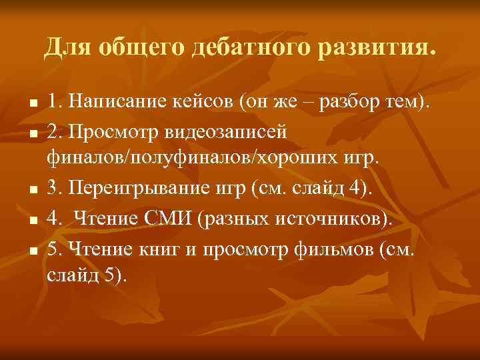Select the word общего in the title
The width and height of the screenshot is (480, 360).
(x=142, y=49)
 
